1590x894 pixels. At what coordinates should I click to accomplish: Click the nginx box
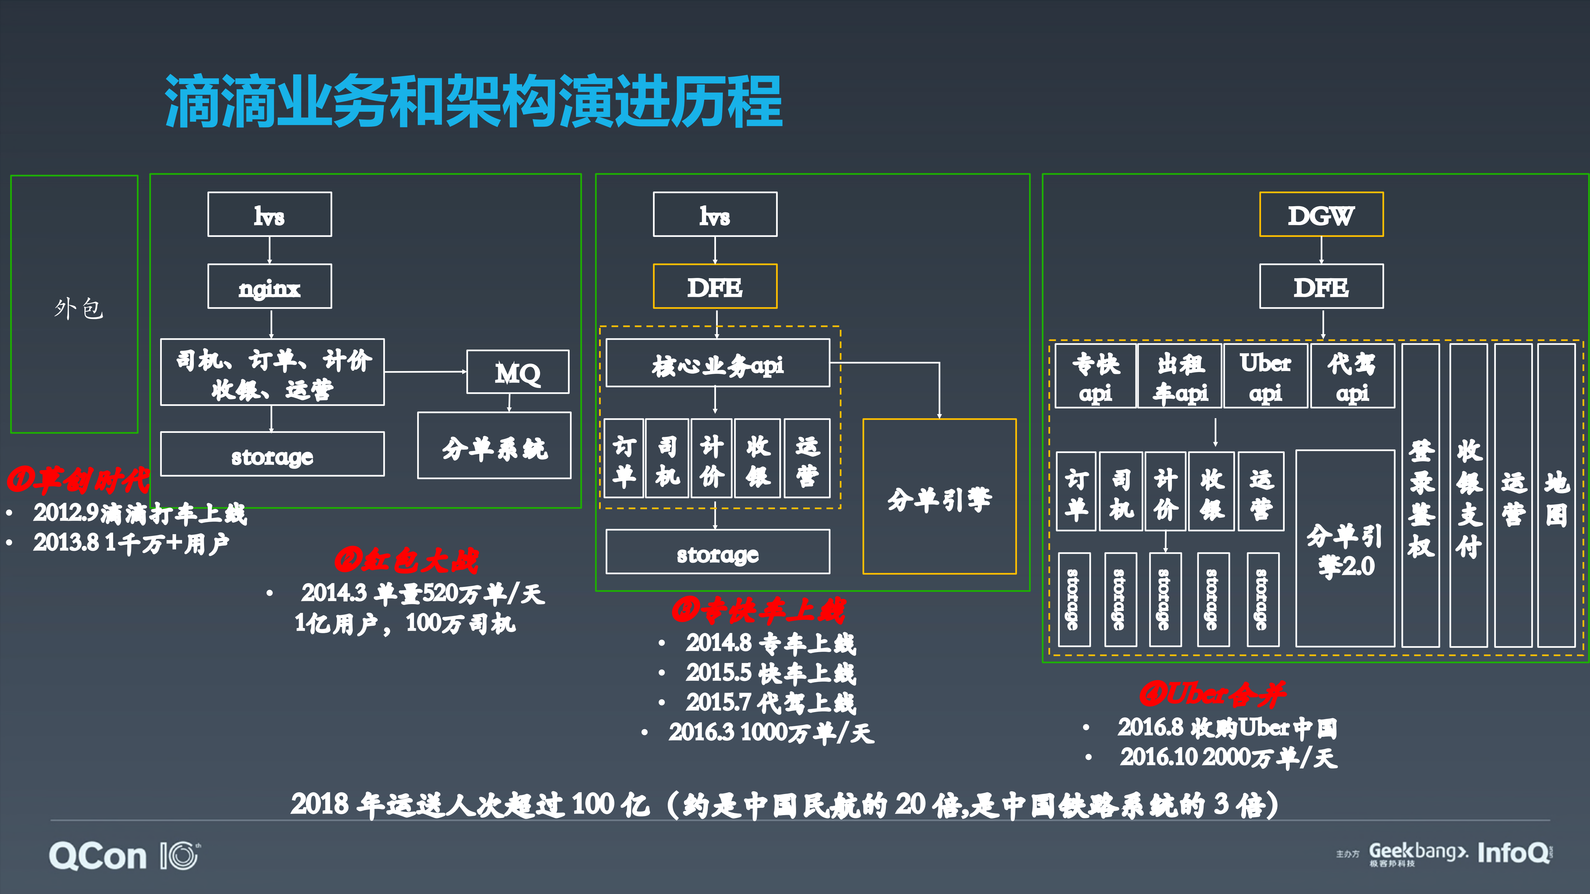pyautogui.click(x=270, y=286)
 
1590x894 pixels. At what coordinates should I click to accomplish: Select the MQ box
pyautogui.click(x=518, y=372)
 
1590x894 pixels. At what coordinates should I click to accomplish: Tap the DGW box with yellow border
pyautogui.click(x=1321, y=215)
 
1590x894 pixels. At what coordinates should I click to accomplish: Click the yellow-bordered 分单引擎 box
pyautogui.click(x=939, y=497)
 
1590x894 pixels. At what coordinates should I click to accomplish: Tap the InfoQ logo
pyautogui.click(x=1514, y=853)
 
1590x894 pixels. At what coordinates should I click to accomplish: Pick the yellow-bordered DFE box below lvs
pyautogui.click(x=715, y=286)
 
